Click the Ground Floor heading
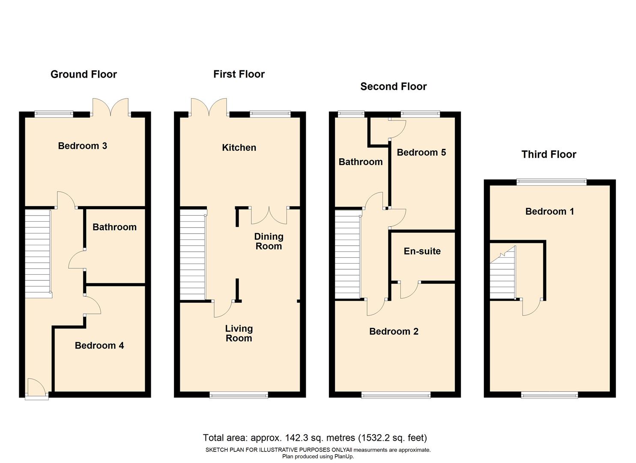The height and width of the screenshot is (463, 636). pos(84,74)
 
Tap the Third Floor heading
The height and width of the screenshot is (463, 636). pos(549,154)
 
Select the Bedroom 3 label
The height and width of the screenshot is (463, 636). pos(82,146)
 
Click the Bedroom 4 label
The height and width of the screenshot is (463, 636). pos(99,346)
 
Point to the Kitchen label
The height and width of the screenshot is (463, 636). pos(239,147)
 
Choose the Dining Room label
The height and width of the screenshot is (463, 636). pos(269,241)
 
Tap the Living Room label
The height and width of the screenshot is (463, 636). pos(239,333)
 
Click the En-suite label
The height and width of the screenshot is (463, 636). pos(422,251)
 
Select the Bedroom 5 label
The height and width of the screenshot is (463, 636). pos(421,152)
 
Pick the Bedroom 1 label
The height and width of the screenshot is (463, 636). pos(549,211)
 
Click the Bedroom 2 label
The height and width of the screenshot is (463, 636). pos(394,331)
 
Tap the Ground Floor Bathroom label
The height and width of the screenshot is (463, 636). pos(114,227)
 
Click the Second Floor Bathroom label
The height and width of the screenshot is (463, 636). pos(361,162)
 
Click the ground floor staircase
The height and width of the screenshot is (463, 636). pos(38,253)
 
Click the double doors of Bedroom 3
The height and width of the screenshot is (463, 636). pos(110,107)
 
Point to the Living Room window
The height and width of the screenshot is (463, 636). pos(239,395)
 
